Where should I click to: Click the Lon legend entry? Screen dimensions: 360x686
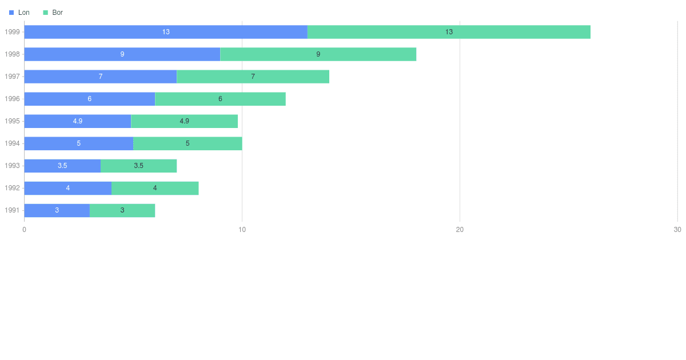click(19, 13)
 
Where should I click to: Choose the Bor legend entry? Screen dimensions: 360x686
click(53, 13)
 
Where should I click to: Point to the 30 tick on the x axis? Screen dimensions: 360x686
click(677, 230)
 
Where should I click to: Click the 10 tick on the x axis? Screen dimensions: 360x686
click(242, 230)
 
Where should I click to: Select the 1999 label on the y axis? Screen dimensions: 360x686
click(12, 32)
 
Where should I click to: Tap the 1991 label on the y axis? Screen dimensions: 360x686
click(12, 210)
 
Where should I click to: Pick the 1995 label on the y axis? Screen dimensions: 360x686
click(12, 121)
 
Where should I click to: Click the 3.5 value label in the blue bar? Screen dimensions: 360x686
click(62, 166)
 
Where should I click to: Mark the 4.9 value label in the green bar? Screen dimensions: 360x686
click(184, 121)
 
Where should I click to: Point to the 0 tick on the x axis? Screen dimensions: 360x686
click(24, 230)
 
